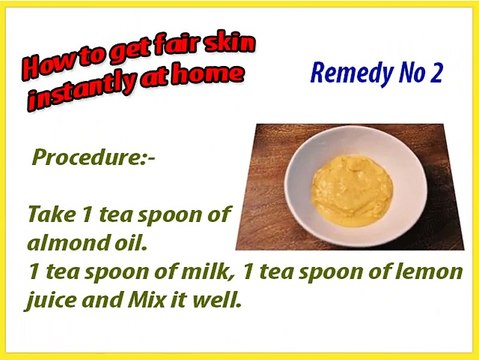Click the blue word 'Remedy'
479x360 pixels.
[x=352, y=72]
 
